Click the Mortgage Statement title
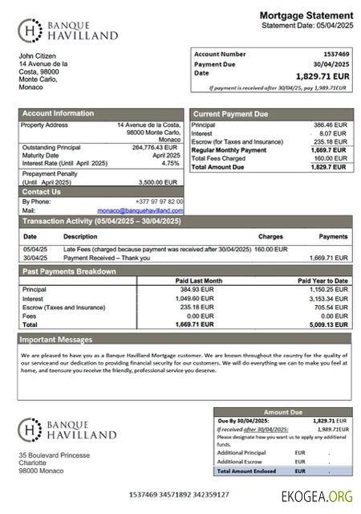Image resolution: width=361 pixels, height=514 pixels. coord(306,15)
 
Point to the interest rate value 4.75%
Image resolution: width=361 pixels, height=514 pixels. coord(170,163)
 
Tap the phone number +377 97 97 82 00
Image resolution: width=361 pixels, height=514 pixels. coord(159,201)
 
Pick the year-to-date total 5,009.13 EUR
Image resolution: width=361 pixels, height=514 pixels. coord(328,324)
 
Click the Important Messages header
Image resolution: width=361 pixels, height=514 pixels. coord(57,340)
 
